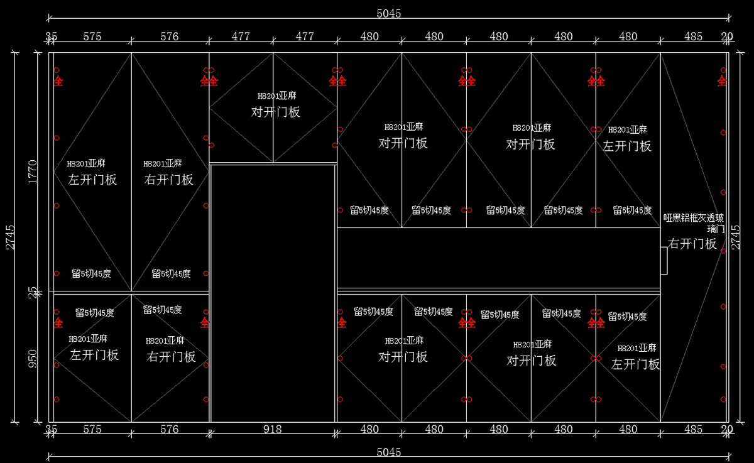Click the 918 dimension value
[272, 430]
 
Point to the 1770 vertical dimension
[33, 172]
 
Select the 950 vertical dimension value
[33, 358]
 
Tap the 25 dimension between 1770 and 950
[33, 293]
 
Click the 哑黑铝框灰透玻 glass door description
[694, 219]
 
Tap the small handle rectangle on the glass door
[664, 261]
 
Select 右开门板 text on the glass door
[692, 244]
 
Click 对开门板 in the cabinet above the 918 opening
[276, 112]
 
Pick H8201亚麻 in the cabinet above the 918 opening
[276, 96]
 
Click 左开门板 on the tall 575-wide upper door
[92, 180]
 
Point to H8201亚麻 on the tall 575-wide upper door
[86, 163]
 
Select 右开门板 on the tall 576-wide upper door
[169, 180]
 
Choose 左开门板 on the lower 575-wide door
[94, 355]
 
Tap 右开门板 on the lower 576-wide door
[171, 357]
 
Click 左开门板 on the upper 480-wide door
[627, 146]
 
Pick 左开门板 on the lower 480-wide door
[635, 364]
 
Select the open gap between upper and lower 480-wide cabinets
[498, 258]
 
